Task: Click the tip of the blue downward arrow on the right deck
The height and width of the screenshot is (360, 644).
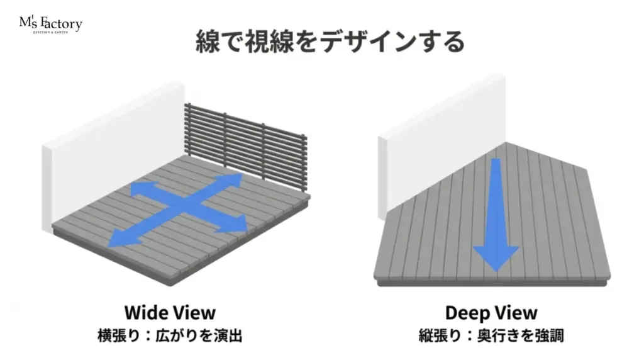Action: click(497, 272)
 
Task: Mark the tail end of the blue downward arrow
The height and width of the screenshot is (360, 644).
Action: click(496, 159)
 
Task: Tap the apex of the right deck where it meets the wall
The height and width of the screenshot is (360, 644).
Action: click(506, 142)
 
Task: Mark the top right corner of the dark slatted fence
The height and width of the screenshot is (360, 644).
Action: click(306, 135)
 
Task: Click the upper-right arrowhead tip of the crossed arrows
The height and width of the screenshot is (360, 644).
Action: click(242, 174)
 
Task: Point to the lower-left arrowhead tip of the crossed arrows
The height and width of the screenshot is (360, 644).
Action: click(108, 247)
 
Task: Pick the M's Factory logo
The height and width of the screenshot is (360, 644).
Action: click(50, 25)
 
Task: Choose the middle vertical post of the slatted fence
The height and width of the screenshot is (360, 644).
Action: click(225, 140)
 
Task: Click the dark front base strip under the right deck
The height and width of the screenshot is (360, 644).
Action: click(492, 283)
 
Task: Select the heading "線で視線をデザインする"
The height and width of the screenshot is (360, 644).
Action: click(331, 42)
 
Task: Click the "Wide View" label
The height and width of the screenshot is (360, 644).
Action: click(170, 313)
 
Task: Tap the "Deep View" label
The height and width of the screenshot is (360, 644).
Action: click(491, 313)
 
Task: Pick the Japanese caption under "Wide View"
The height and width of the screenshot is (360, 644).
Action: click(170, 335)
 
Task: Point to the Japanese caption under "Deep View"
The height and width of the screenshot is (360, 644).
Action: click(491, 335)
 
